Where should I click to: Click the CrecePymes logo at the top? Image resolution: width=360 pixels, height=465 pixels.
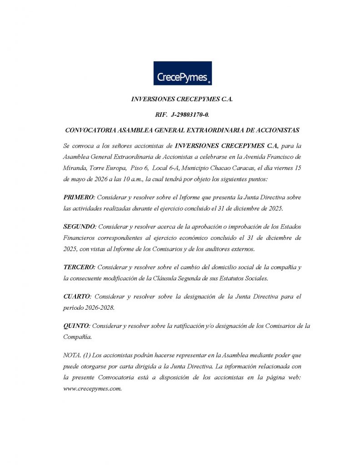[182, 73]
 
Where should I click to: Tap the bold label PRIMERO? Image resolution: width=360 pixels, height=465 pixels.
[79, 198]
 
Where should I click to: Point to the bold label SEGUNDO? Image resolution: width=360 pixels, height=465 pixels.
[80, 226]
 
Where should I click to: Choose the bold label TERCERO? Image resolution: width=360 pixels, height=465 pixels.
[80, 267]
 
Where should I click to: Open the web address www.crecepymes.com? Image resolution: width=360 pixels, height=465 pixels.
[92, 389]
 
